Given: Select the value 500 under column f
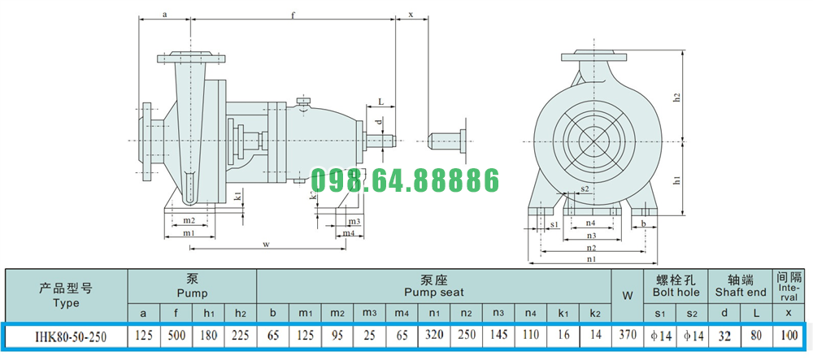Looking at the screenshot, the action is [x=176, y=336].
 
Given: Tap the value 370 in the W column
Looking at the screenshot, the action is [x=628, y=336].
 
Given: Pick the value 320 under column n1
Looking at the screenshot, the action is [x=434, y=336].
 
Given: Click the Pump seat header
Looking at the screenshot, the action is [x=434, y=286].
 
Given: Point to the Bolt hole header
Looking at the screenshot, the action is [x=676, y=286].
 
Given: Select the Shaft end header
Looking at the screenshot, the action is [x=741, y=286].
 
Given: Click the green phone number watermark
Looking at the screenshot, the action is [x=404, y=180].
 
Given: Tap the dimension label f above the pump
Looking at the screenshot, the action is [x=293, y=14].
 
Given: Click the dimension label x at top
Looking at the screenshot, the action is [x=411, y=15].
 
